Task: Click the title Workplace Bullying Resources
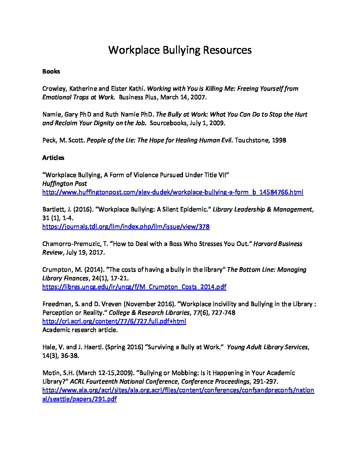[180, 50]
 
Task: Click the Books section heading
[51, 71]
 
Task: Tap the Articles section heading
[53, 158]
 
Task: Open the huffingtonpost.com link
[172, 192]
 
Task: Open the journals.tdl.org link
[126, 226]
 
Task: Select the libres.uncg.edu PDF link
[134, 287]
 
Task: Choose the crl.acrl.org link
[114, 321]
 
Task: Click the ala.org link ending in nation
[178, 390]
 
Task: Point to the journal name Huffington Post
[65, 183]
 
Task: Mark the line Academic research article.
[80, 330]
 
